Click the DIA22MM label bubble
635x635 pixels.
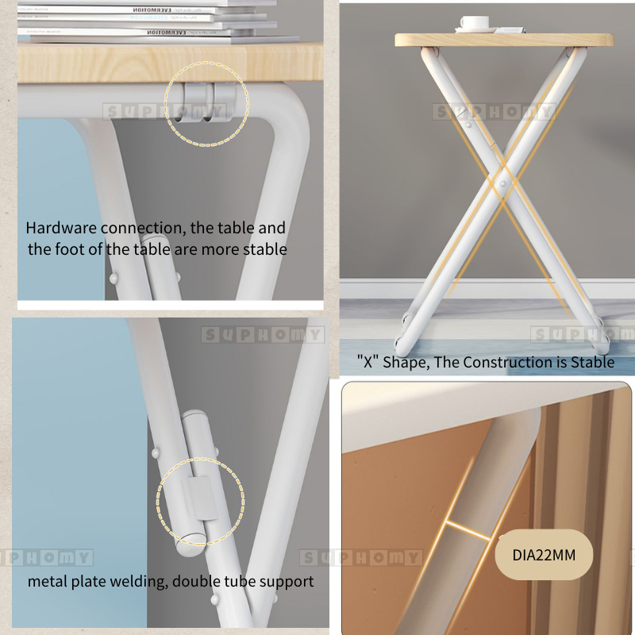pos(544,554)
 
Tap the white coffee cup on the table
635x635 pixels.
pos(475,23)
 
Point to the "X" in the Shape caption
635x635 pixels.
pos(368,362)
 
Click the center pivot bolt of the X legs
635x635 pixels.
pos(502,183)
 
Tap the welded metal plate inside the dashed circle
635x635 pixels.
pos(200,498)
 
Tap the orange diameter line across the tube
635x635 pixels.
pos(468,531)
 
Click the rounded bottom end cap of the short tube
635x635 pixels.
pos(189,545)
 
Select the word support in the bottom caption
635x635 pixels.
pos(287,583)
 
